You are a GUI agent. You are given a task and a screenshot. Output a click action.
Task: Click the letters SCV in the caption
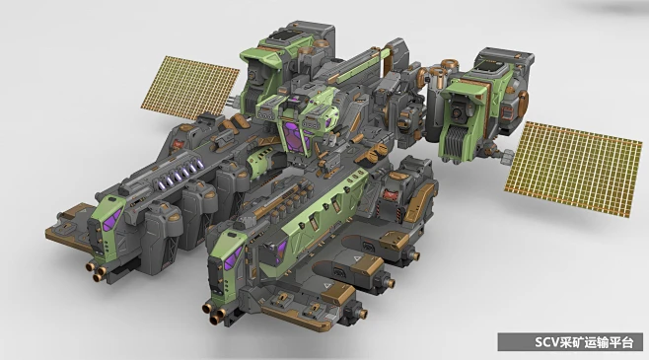546,342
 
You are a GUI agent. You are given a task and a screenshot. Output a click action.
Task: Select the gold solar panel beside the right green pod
574,169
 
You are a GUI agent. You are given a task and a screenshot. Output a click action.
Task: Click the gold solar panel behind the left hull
189,88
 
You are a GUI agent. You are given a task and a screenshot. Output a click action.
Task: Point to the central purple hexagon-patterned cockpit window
296,135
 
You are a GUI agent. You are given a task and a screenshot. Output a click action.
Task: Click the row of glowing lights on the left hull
183,174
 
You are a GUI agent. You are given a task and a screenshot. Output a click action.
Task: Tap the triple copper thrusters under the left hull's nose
97,270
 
